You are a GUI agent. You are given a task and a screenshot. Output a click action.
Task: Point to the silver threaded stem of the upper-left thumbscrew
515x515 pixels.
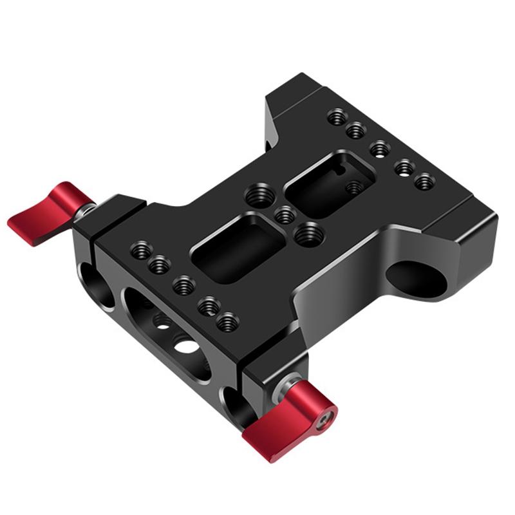[86, 210]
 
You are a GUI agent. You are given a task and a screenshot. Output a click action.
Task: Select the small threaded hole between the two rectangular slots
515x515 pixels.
[284, 215]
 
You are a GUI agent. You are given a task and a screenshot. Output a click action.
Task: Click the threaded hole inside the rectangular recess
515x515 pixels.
[353, 188]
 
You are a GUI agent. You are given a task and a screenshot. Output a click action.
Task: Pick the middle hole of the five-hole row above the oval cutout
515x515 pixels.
[184, 284]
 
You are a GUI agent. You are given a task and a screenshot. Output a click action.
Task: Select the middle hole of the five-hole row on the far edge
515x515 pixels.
[380, 149]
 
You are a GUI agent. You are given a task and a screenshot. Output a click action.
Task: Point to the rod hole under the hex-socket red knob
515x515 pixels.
[234, 406]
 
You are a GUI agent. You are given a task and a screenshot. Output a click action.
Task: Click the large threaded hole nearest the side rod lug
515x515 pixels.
[310, 233]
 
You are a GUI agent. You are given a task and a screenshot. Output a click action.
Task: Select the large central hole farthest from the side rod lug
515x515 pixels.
[259, 196]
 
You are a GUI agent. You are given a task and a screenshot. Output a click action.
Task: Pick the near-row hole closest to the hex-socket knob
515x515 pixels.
[227, 321]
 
